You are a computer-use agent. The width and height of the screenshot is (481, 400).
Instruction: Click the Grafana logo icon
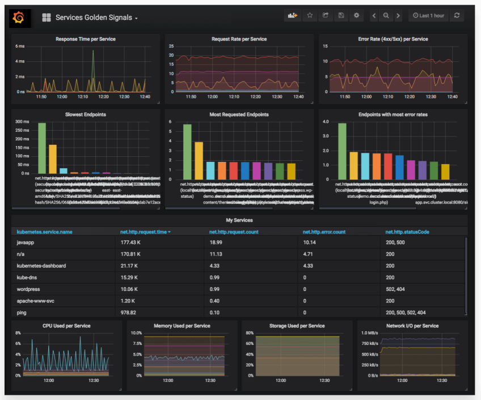[18, 18]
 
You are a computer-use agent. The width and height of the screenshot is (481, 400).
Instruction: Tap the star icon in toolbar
[310, 16]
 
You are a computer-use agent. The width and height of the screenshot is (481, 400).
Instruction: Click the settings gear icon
[356, 16]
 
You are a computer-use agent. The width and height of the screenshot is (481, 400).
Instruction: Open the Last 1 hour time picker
[429, 16]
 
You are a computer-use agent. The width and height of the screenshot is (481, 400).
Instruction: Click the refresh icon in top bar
[457, 16]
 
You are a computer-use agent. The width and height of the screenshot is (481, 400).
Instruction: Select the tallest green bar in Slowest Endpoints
[42, 148]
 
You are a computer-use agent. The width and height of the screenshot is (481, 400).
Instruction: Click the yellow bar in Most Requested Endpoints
[199, 160]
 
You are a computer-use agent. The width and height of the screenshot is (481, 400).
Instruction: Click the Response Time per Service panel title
[86, 39]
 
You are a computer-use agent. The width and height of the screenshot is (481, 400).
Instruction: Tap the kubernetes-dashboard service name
[41, 265]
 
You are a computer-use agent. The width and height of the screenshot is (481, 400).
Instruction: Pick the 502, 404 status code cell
[399, 289]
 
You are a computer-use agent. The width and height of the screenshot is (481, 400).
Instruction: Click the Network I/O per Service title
[412, 326]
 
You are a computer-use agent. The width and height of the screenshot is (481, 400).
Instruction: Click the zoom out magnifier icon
[386, 16]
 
